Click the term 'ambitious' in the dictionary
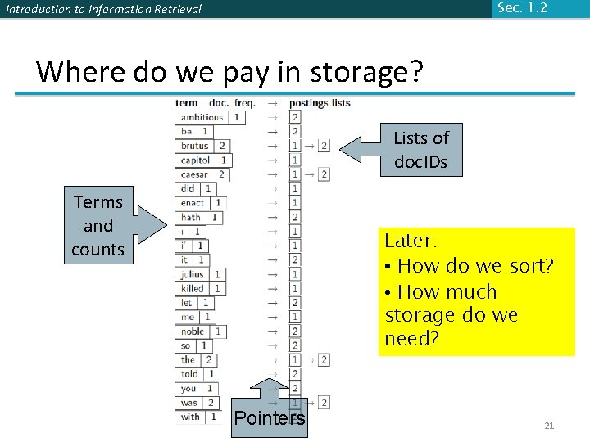[x=202, y=117]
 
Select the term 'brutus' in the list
[x=195, y=146]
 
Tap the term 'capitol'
[x=196, y=160]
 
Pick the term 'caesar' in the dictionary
[x=194, y=174]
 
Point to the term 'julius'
[x=193, y=274]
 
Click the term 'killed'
[x=193, y=288]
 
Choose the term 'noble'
[x=193, y=331]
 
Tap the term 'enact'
[x=193, y=203]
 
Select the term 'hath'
[x=191, y=217]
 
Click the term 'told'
[x=189, y=374]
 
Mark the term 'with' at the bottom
[x=190, y=417]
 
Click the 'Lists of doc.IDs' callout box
[x=420, y=150]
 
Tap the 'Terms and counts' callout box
[x=98, y=225]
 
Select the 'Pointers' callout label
[x=269, y=418]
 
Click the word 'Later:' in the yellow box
[x=411, y=241]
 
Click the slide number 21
[x=549, y=425]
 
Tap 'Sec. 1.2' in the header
[x=521, y=8]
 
